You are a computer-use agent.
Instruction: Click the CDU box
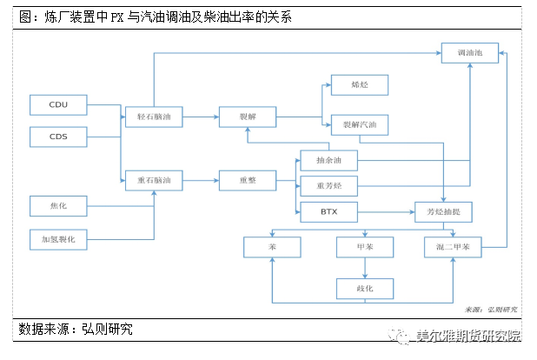[x=58, y=105]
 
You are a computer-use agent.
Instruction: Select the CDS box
[x=58, y=137]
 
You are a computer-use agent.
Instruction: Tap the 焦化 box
[x=58, y=206]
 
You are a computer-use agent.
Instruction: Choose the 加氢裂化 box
[x=58, y=238]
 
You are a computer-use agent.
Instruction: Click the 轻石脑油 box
[x=154, y=116]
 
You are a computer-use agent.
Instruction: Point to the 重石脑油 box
[x=154, y=180]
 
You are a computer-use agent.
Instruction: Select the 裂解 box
[x=246, y=116]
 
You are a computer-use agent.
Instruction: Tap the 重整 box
[x=246, y=180]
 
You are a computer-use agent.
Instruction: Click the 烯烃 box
[x=359, y=84]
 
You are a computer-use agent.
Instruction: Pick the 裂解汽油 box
[x=359, y=125]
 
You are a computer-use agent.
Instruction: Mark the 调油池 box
[x=470, y=52]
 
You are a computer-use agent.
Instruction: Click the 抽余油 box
[x=328, y=160]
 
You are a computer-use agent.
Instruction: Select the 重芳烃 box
[x=328, y=185]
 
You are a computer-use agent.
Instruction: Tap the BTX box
[x=328, y=211]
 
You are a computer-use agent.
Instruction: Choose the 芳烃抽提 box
[x=442, y=211]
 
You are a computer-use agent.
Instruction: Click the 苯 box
[x=272, y=247]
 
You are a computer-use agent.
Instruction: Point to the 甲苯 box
[x=365, y=247]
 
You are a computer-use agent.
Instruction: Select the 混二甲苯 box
[x=453, y=247]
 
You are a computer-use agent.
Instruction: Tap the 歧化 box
[x=365, y=288]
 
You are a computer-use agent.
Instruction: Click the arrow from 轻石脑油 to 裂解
[x=200, y=116]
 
